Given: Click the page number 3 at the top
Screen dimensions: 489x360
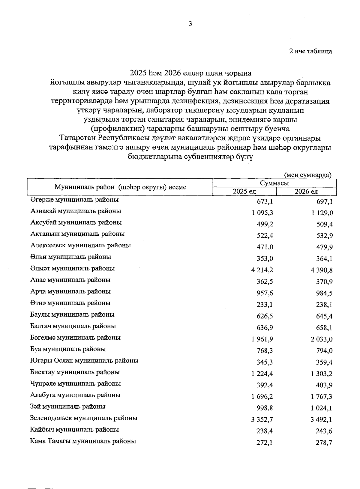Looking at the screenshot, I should (x=190, y=24).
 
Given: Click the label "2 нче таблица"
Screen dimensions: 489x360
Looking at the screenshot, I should (x=310, y=51).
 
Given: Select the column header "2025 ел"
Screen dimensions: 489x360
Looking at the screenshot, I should (x=244, y=192).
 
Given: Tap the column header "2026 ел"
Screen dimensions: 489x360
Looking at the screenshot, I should (x=306, y=192).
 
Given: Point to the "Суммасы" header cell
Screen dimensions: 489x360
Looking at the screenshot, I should (x=274, y=183).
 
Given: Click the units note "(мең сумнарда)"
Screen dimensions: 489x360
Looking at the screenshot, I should (x=307, y=175).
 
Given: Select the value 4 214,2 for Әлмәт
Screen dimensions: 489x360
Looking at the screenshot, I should (x=262, y=270).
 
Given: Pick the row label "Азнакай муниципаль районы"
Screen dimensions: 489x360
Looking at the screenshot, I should (x=76, y=211).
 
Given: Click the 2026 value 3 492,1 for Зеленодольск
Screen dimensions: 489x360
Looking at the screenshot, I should (x=321, y=420).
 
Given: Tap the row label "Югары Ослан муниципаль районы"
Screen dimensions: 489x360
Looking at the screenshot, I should (x=84, y=361).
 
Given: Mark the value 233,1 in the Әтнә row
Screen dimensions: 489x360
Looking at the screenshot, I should (x=265, y=305).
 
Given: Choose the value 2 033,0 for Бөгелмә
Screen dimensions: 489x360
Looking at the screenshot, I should (x=321, y=339).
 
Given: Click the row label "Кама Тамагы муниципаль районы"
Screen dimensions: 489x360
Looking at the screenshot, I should (x=83, y=441).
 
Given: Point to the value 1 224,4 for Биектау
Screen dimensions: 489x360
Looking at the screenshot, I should (x=262, y=374).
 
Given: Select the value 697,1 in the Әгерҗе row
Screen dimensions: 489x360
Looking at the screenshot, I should (x=324, y=201).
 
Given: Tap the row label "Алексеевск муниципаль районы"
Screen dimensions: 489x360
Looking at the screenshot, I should (x=80, y=245).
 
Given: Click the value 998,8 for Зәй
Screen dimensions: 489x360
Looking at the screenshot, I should (x=265, y=408).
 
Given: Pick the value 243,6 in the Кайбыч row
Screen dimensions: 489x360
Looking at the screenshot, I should (x=324, y=431).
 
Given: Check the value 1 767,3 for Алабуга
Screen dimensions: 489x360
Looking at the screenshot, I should (x=321, y=397).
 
